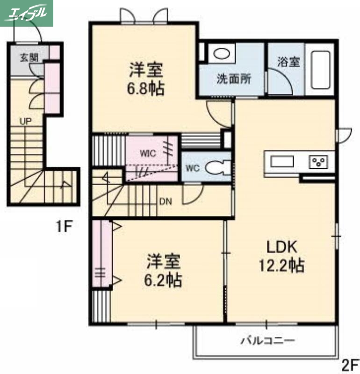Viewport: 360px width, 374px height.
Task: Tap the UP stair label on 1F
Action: click(25, 120)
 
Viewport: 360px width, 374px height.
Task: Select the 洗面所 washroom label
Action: click(233, 79)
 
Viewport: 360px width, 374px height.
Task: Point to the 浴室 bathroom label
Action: click(288, 61)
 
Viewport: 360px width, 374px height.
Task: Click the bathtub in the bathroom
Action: click(320, 69)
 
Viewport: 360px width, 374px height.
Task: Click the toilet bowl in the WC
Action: click(217, 168)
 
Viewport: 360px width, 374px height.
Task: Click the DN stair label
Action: click(166, 202)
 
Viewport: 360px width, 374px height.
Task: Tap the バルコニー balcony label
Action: click(267, 340)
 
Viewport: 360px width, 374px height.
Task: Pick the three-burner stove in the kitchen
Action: click(319, 162)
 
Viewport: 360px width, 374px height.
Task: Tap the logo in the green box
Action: click(27, 13)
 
